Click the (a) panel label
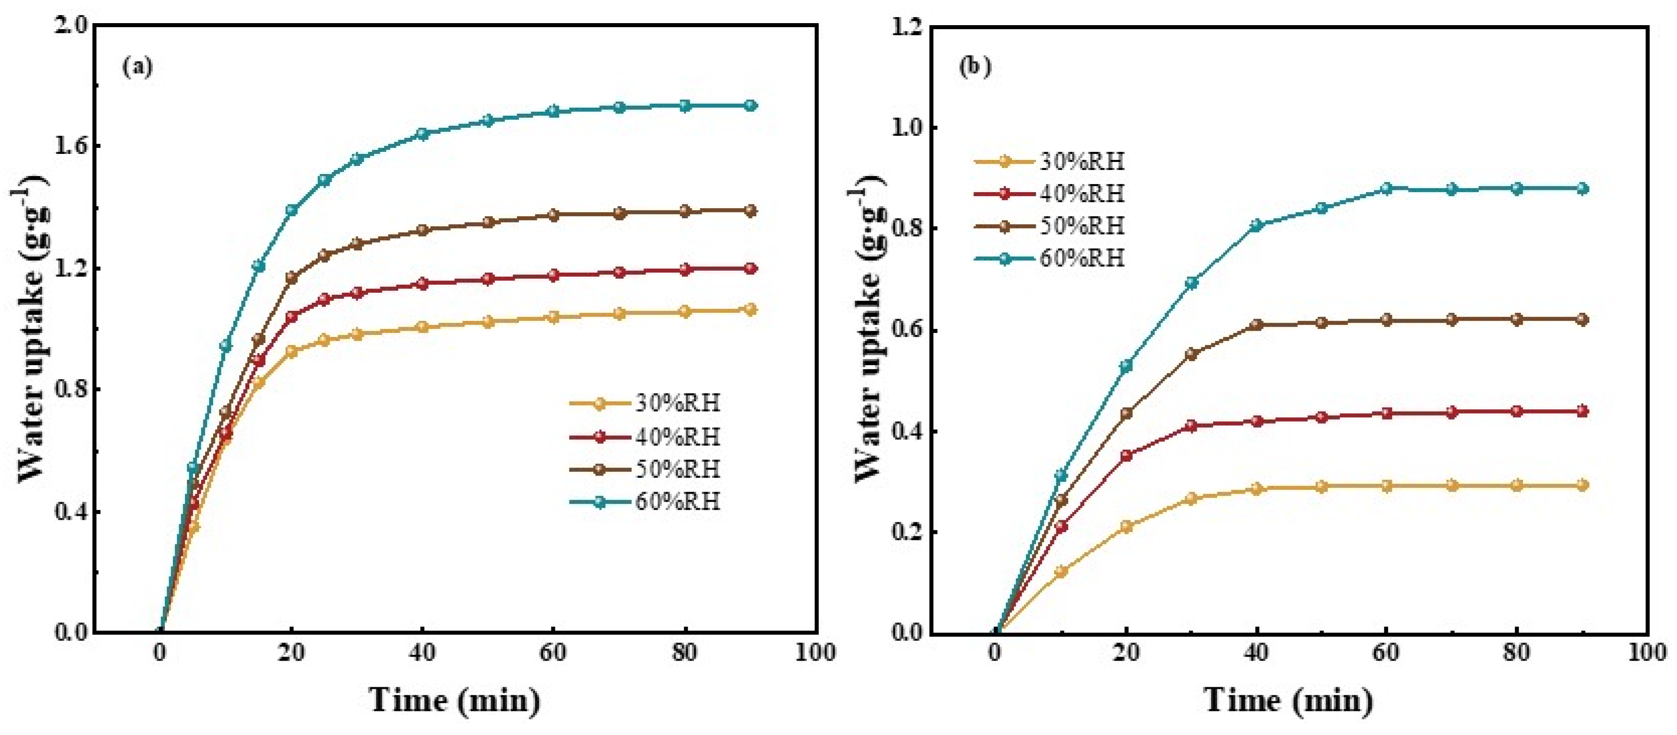(137, 67)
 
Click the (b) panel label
(974, 67)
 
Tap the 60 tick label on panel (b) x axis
(1386, 653)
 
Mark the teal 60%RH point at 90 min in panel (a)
(750, 106)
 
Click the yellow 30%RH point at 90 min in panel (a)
(750, 310)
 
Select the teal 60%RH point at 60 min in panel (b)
(1386, 189)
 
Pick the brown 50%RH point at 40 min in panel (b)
(1256, 325)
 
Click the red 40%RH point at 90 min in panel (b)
(1582, 411)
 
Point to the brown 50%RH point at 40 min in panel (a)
(422, 230)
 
